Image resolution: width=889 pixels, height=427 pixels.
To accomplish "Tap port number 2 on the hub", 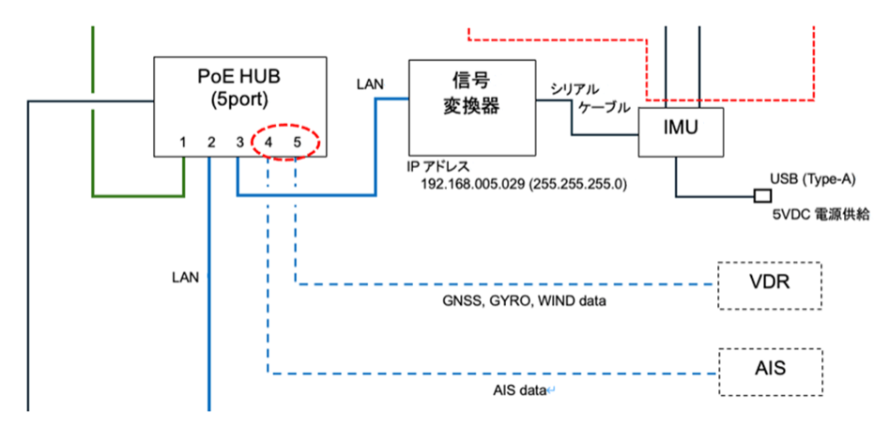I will click(x=211, y=143).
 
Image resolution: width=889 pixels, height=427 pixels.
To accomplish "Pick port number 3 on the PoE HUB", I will click(x=240, y=143).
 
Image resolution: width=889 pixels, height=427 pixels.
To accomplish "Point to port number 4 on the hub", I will click(x=268, y=143).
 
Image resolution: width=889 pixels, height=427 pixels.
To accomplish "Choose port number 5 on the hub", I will click(x=298, y=143).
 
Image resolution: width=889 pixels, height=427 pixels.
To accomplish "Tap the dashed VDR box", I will click(x=769, y=282).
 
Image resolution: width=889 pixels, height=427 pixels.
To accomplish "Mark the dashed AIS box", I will click(x=769, y=368).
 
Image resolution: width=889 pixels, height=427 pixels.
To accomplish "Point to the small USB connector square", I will click(x=762, y=196).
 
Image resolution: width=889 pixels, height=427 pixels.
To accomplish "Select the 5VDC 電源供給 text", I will click(x=820, y=214).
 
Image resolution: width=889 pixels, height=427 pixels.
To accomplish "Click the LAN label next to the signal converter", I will click(x=370, y=84).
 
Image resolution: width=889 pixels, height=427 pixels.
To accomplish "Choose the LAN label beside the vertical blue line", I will click(x=185, y=278).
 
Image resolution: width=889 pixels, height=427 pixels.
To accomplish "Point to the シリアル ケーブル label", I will click(x=592, y=99).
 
